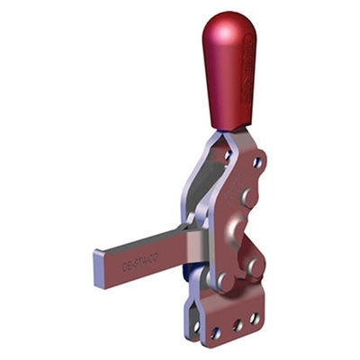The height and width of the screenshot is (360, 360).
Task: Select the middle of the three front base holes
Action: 237,325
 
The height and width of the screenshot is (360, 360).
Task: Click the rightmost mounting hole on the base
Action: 255,318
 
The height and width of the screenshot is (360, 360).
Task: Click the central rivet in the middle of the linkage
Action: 237,225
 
